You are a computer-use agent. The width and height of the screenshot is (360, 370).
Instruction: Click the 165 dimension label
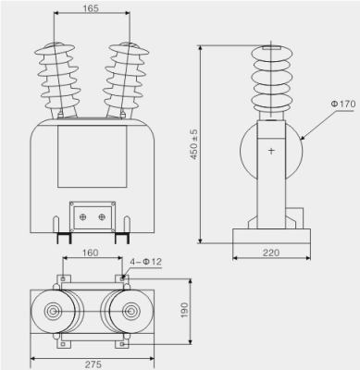coord(91,8)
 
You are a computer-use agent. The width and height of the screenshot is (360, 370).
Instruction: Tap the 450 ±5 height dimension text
coord(194,144)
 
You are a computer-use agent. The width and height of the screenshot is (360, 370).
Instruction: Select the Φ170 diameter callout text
coord(343,104)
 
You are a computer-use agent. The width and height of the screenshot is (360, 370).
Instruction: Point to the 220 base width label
coord(271,253)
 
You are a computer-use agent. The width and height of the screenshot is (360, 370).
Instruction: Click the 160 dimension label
coord(90,253)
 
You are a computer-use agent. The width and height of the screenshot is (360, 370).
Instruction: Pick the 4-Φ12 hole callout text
coord(145,262)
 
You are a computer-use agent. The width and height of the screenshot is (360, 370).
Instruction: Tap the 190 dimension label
coord(184,310)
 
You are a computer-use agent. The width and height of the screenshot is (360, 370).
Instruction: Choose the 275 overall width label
coord(93,364)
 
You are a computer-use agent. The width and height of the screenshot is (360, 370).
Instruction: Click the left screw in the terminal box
coord(82,217)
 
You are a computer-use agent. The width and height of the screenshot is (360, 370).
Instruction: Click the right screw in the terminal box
coord(102,217)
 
